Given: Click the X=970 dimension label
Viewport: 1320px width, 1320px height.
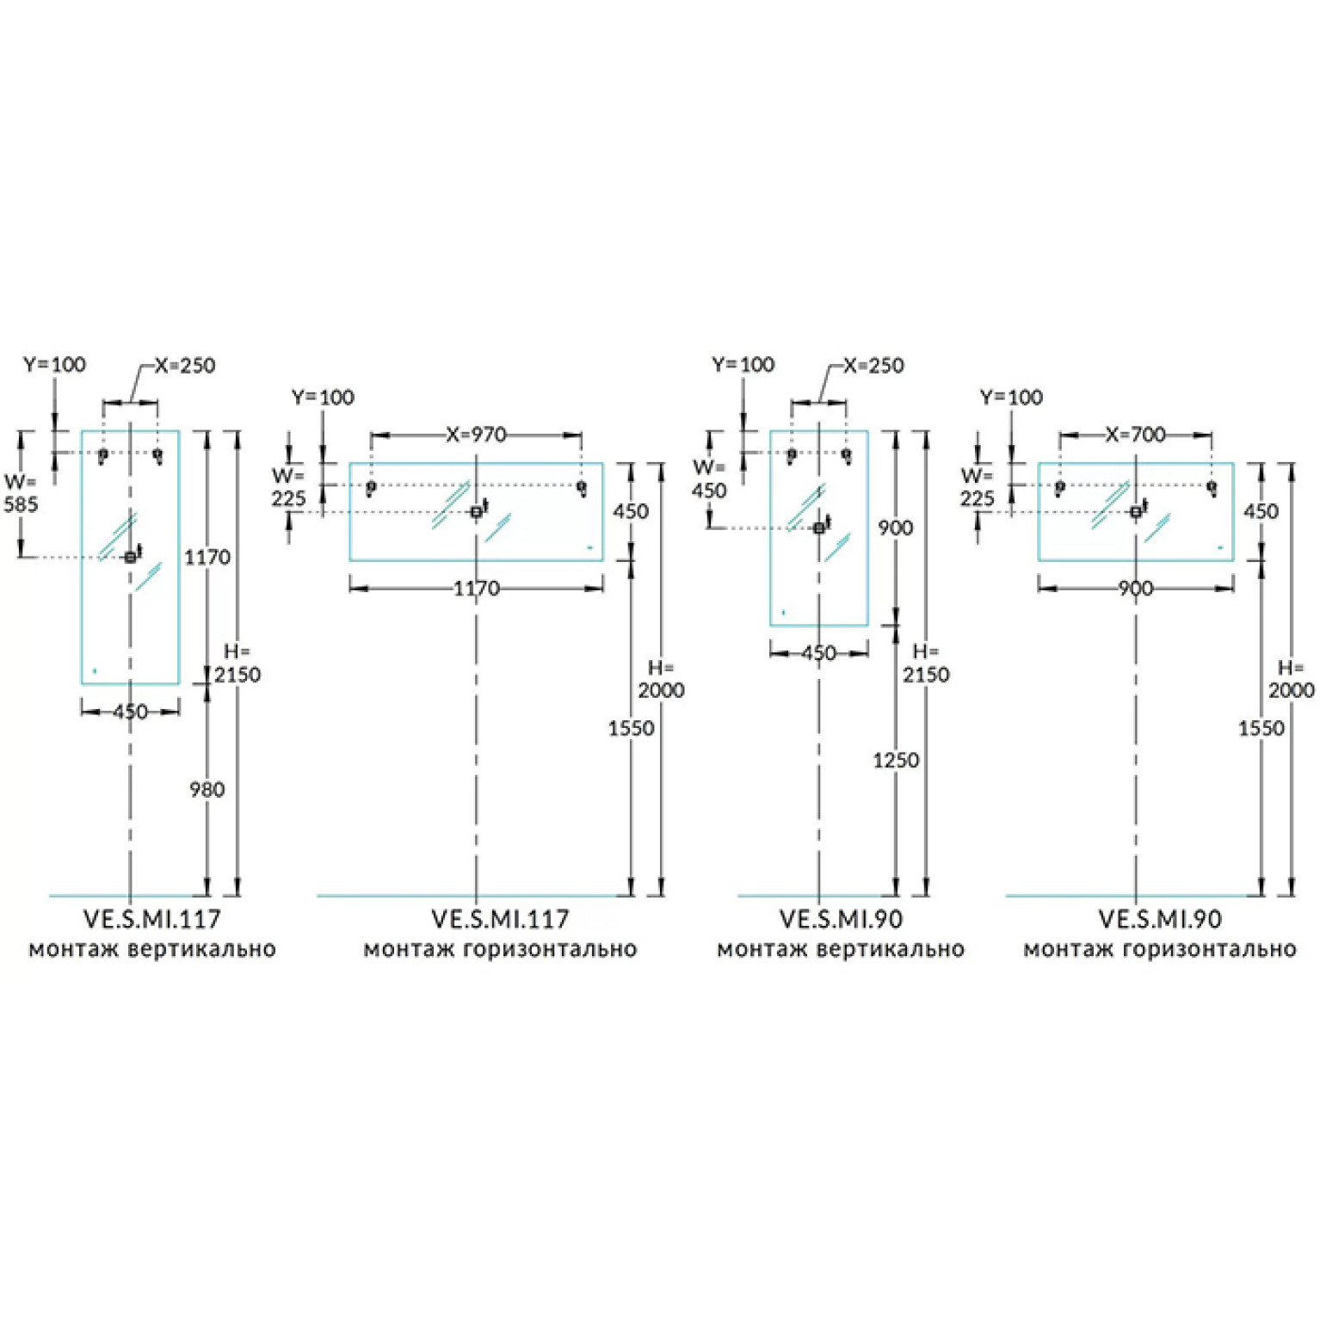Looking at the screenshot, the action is coord(476,435).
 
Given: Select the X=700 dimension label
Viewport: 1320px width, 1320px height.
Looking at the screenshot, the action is coord(1135,435).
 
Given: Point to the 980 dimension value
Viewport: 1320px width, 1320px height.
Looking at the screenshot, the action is coord(207,789).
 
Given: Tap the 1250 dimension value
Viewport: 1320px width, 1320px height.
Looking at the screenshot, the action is coord(896,760).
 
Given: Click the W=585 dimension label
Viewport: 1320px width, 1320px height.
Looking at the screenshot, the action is coord(21,493).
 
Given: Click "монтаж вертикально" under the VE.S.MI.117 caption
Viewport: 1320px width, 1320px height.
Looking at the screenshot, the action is coord(152,949).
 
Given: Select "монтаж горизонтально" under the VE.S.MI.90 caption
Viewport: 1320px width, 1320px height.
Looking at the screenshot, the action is coord(1159,949).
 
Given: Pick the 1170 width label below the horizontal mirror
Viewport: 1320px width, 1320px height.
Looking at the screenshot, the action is coord(477,589).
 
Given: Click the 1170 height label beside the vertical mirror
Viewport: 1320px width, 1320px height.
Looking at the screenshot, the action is coord(207,558).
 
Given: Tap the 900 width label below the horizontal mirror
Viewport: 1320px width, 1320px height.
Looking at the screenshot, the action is coord(1136,589).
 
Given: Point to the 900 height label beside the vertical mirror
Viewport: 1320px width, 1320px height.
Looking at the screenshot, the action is coord(896,527).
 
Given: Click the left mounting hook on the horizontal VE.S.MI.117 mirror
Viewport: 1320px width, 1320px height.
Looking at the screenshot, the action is coord(371,488).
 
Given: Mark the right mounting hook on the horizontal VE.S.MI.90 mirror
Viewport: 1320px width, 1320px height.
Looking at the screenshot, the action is coord(1212,488).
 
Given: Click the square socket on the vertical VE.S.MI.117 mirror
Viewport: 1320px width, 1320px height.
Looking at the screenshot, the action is coord(130,558).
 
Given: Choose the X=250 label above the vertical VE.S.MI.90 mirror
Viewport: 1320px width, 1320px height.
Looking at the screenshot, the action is coord(873,365).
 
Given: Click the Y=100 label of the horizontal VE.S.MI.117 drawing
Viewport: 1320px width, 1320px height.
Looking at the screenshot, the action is coord(323,397).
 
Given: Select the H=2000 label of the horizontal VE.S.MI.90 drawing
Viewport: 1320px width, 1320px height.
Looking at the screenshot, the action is coord(1291,679).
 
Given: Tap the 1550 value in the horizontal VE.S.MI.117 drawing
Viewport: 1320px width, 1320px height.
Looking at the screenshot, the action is coord(632,728).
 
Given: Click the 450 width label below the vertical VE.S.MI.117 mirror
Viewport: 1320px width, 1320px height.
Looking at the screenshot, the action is coord(130,712).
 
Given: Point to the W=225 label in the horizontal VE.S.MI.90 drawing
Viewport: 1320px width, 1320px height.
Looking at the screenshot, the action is coord(978,487).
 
